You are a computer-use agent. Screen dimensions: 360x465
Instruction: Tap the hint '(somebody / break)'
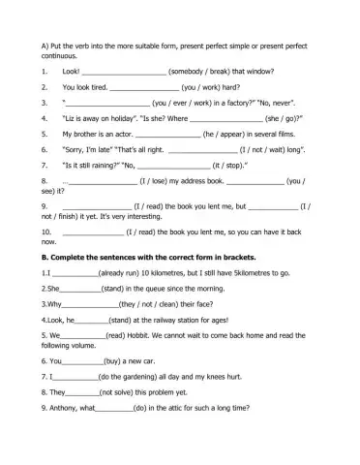coord(200,71)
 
